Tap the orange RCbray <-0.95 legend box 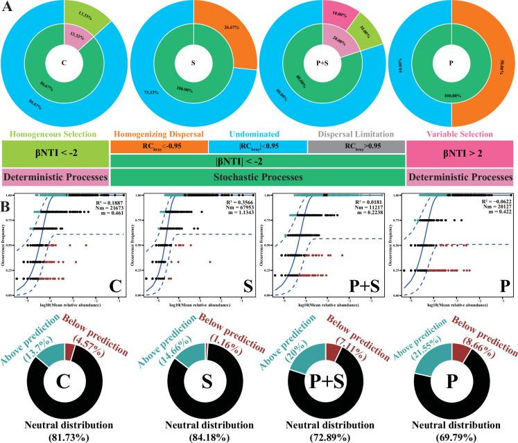(x=159, y=146)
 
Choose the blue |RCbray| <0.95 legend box (x=257, y=146)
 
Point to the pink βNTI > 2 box (x=458, y=152)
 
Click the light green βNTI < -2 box (x=55, y=152)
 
